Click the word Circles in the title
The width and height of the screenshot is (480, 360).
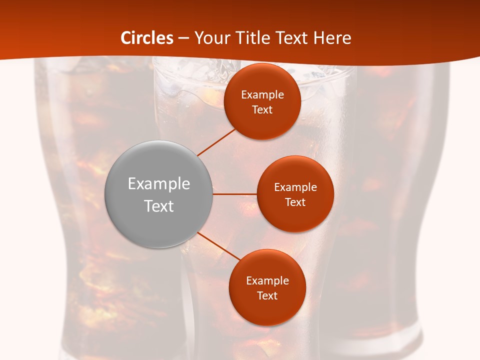[147, 38]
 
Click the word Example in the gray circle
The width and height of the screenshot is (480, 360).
[159, 184]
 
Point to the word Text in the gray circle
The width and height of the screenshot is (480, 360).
[159, 206]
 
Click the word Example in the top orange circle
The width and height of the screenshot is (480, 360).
[262, 95]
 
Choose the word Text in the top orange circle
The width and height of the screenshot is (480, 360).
[262, 110]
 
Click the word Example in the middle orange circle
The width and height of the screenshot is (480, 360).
[295, 187]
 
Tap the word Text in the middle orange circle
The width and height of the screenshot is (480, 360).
[295, 202]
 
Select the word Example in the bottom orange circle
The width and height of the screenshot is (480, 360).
[267, 281]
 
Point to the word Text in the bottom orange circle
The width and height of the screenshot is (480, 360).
[267, 296]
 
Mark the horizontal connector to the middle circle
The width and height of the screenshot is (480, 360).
[234, 194]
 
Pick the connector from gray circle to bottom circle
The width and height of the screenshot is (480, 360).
[218, 246]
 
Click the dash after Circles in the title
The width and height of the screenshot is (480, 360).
[183, 38]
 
